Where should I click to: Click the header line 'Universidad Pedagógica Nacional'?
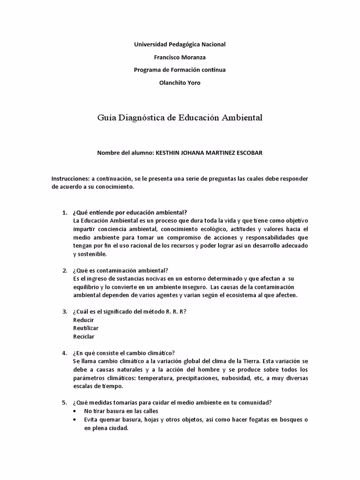coord(180,44)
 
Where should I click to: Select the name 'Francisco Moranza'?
coord(180,57)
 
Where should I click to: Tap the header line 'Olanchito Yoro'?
coord(180,82)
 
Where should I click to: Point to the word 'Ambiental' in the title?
coord(239,117)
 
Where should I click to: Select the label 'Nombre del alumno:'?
coord(125,153)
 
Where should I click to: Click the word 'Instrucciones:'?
coord(70,179)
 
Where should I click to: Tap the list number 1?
coord(65,212)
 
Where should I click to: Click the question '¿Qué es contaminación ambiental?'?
coord(120,270)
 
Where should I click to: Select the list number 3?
coord(65,312)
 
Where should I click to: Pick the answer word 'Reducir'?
coord(84,320)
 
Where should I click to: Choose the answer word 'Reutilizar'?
coord(86,328)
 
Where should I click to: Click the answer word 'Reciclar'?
coord(83,337)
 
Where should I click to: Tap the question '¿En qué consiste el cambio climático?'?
coord(124,353)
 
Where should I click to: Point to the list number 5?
coord(65,403)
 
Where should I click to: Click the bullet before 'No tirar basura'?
coord(76,411)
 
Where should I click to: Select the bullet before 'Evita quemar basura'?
coord(76,420)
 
